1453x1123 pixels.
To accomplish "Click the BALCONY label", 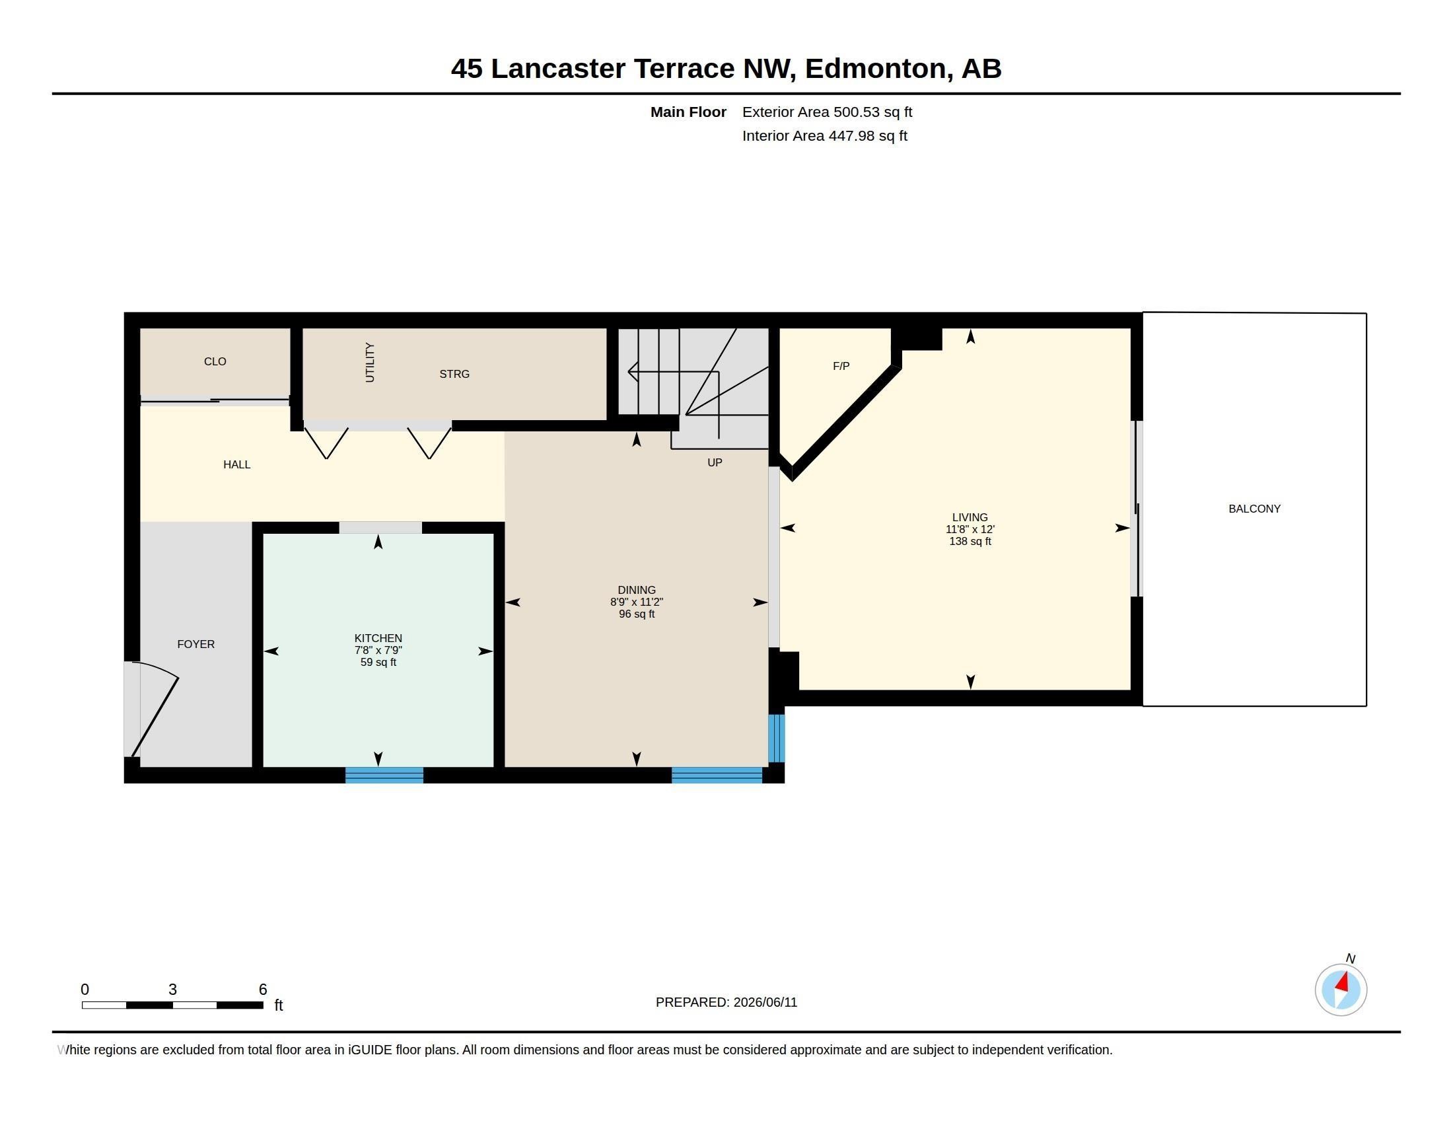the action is click(1254, 509).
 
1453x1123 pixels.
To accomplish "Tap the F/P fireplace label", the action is click(841, 366).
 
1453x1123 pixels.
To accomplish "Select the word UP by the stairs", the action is click(715, 462).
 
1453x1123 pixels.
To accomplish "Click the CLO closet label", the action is click(215, 361).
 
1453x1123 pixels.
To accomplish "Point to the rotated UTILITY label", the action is click(370, 363).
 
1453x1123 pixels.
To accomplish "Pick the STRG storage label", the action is click(454, 374).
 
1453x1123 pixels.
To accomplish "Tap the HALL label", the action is click(237, 464).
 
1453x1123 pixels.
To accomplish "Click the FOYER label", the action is click(195, 644).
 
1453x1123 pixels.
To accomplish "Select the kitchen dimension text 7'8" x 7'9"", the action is click(378, 650).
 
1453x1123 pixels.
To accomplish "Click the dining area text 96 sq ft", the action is click(637, 614).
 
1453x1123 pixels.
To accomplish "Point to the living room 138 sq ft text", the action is click(970, 542).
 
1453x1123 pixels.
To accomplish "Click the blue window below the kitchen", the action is click(384, 775).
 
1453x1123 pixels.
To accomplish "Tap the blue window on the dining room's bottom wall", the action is click(717, 775).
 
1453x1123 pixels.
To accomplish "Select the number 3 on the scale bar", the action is click(173, 990).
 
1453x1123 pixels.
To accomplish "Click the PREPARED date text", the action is click(726, 1002).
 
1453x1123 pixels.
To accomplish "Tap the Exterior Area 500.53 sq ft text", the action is click(827, 112).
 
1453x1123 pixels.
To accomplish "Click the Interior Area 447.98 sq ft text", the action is click(824, 135).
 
